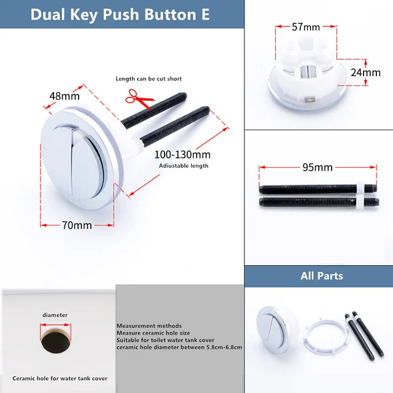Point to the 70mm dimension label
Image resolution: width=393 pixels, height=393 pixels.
coord(77,225)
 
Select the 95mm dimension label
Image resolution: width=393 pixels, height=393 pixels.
coord(317,167)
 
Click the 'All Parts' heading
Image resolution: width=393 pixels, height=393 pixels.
coord(322,276)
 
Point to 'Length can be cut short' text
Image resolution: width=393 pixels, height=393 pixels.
coord(149,79)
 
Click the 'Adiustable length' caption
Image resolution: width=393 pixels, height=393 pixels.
coord(184,165)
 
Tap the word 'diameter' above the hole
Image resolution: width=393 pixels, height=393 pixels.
coord(55,315)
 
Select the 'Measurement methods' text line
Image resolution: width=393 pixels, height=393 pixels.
coord(149,325)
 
